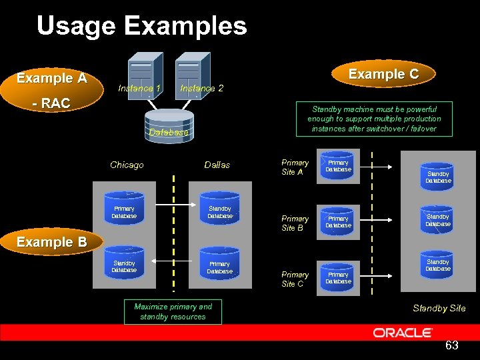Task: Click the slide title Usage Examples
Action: click(x=141, y=27)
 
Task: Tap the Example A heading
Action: click(x=52, y=78)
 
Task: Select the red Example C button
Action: click(x=383, y=74)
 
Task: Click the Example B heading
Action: click(x=52, y=242)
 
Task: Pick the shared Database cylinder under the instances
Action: click(x=169, y=125)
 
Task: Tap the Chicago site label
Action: click(x=127, y=165)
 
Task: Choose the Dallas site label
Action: click(x=217, y=165)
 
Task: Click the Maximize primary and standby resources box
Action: click(x=173, y=311)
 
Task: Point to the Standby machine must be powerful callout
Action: click(x=374, y=119)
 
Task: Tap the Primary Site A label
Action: click(x=295, y=167)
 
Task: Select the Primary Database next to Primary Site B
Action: click(x=338, y=222)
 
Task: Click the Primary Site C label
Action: click(x=295, y=279)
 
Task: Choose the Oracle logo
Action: click(x=403, y=332)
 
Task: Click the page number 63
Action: click(x=451, y=345)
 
